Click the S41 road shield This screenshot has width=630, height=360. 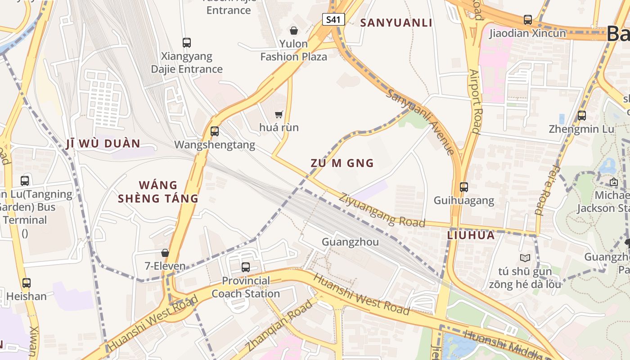[333, 19]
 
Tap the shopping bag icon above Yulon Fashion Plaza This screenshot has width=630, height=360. [294, 31]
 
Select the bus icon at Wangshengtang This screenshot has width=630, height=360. [215, 131]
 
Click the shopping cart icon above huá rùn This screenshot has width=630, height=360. [279, 114]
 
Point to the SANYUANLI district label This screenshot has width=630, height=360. [396, 23]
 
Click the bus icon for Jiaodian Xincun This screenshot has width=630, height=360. [528, 20]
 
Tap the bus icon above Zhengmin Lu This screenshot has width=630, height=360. [582, 116]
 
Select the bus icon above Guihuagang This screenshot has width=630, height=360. [464, 187]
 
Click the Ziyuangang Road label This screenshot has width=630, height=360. [382, 210]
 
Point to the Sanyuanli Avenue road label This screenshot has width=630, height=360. [420, 121]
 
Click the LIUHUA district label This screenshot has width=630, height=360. [471, 235]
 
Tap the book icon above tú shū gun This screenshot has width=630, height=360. [525, 258]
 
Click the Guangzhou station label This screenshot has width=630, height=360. [350, 242]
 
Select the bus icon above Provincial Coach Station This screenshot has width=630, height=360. [246, 267]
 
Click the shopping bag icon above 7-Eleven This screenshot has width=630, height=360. [165, 253]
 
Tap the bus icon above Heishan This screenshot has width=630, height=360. [27, 283]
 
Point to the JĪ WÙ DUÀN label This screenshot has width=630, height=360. [103, 144]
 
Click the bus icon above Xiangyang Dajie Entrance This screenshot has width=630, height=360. [187, 43]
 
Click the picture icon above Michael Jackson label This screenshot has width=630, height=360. [613, 182]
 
